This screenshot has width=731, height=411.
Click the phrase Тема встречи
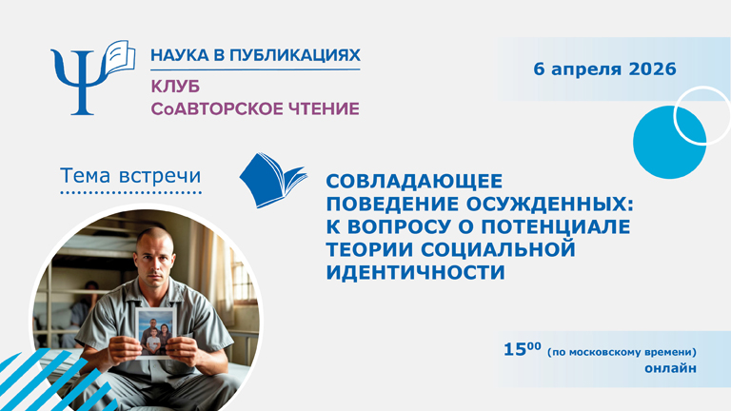[x=129, y=176]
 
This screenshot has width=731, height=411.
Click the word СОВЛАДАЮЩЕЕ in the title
[x=413, y=179]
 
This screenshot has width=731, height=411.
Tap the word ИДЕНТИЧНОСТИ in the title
[x=412, y=272]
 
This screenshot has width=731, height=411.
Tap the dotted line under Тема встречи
[x=129, y=193]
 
